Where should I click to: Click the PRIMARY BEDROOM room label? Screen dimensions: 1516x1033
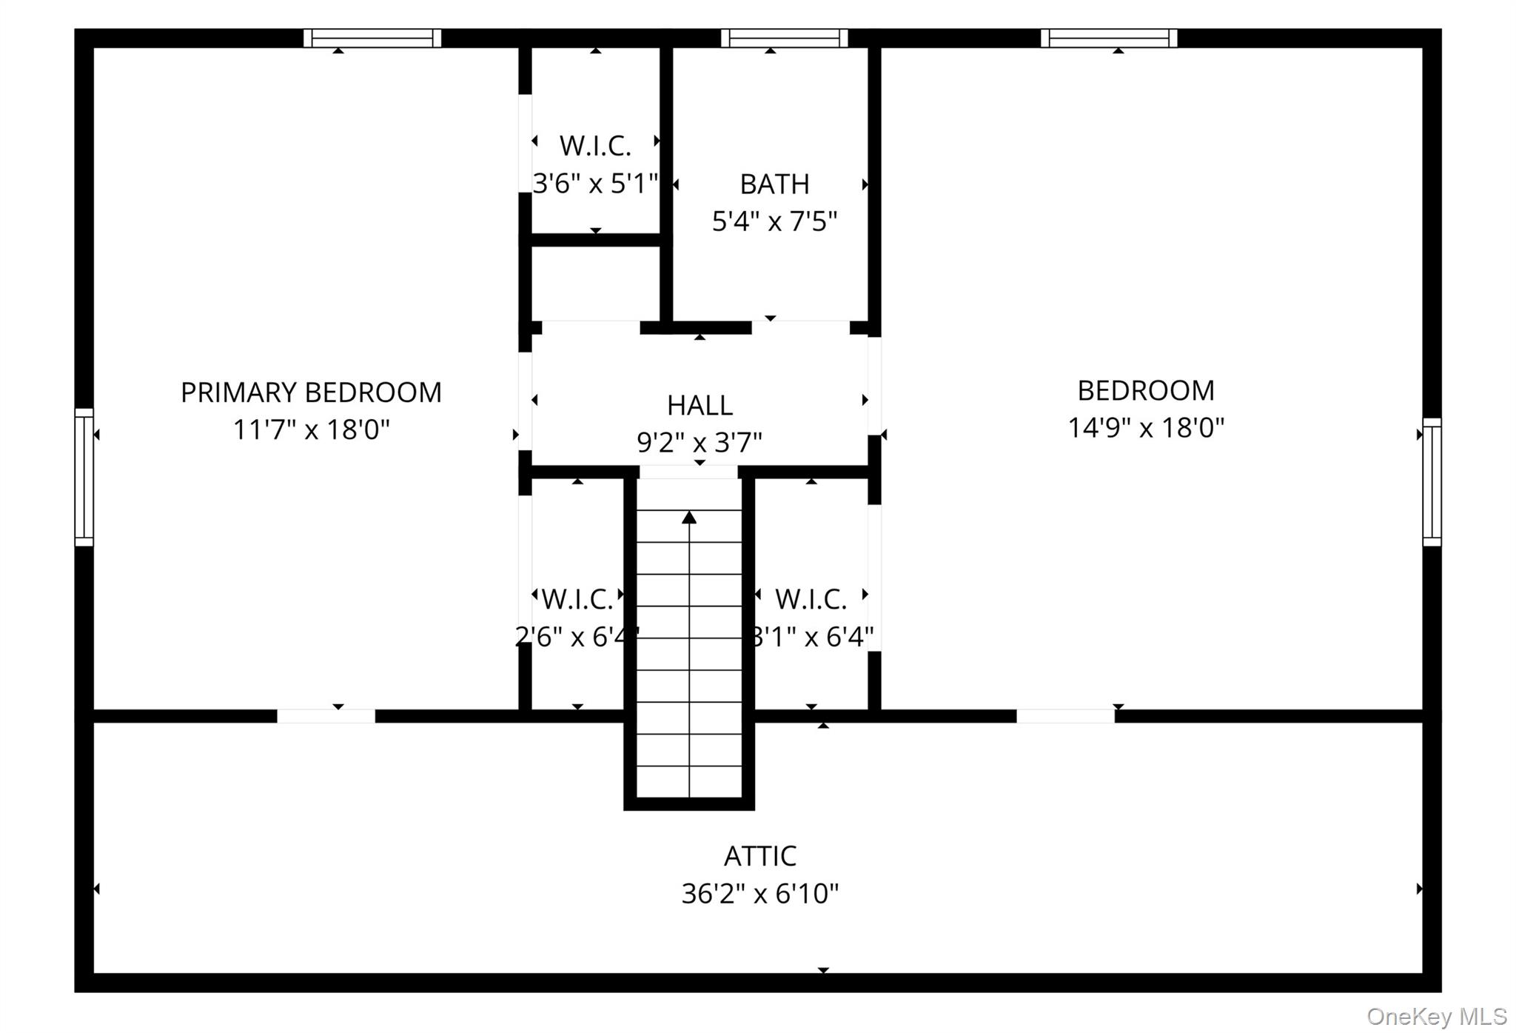pos(311,392)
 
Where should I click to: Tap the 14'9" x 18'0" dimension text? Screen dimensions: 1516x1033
pos(1146,428)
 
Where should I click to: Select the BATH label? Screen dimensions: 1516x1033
pos(774,184)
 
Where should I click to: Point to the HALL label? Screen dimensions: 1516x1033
pos(700,406)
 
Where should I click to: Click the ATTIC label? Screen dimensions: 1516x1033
pos(760,857)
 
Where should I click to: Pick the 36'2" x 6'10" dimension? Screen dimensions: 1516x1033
pos(760,894)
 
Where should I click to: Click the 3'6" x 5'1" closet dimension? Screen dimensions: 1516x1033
pos(596,183)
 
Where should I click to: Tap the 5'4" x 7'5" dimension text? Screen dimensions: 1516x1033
pos(774,221)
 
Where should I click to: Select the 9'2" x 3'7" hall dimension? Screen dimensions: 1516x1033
pos(700,443)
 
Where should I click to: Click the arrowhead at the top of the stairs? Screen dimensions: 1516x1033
pos(689,517)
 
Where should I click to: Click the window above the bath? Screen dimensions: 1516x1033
pos(785,38)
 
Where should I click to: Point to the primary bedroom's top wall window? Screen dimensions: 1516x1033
pos(372,38)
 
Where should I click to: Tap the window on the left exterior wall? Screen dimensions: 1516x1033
pos(84,478)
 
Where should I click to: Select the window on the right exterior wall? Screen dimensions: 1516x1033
pos(1432,482)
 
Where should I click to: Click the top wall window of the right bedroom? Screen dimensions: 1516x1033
pos(1109,38)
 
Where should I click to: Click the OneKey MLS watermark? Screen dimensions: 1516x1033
pos(1437,1016)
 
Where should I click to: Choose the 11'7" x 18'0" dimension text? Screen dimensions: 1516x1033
pos(311,429)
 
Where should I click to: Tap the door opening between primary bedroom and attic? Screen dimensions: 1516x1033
pos(326,716)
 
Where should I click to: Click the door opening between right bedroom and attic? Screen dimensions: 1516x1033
pos(1065,716)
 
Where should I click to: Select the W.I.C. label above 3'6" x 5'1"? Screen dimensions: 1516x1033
pos(595,146)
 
